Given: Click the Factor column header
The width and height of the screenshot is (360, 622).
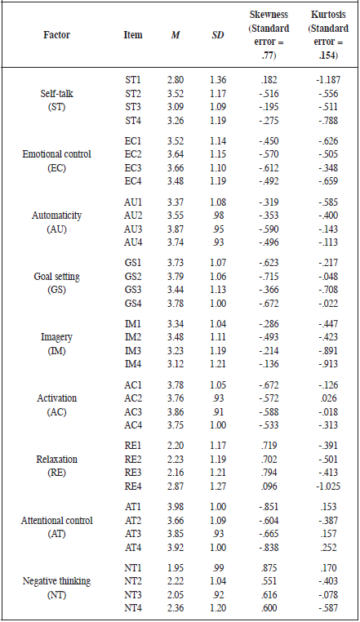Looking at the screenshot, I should (57, 35).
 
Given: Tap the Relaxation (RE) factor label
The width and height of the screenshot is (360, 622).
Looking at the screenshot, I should (57, 466).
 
